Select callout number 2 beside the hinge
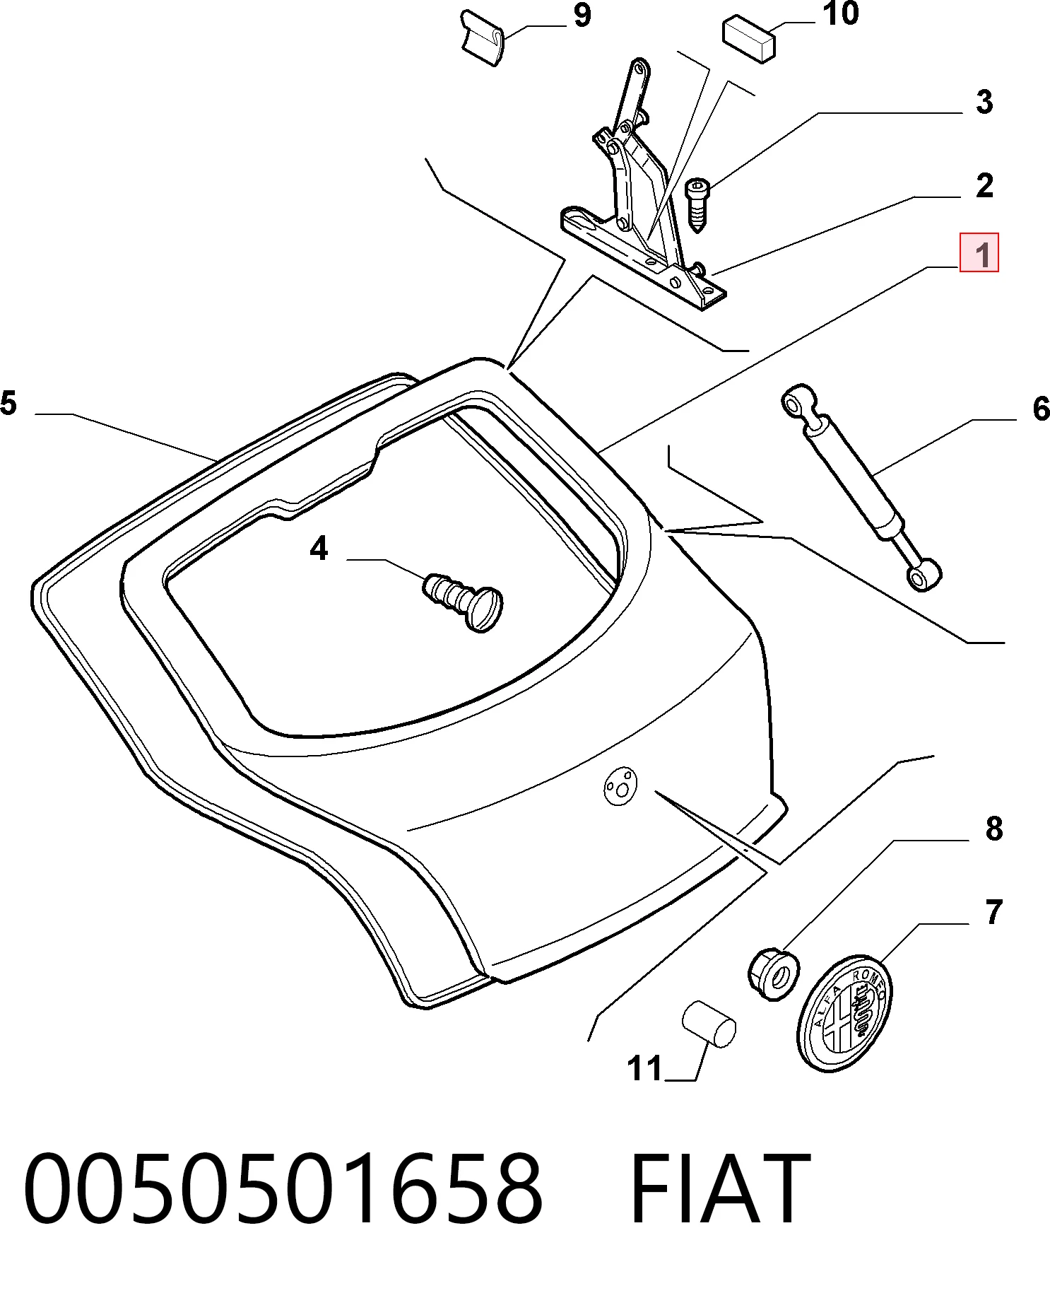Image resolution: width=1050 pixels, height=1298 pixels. click(x=984, y=185)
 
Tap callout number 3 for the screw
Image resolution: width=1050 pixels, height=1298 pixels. click(x=984, y=102)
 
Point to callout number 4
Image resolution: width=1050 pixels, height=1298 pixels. click(x=319, y=549)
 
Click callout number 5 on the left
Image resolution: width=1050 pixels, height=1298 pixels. click(x=8, y=403)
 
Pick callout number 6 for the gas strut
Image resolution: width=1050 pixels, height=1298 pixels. click(x=1041, y=409)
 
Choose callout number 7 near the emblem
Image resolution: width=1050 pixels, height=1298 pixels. click(x=993, y=912)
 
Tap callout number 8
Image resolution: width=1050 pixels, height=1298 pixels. click(x=993, y=829)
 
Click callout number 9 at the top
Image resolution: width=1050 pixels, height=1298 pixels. click(x=582, y=15)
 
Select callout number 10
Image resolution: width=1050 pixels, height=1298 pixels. click(x=841, y=13)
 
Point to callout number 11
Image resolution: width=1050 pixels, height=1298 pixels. click(x=644, y=1068)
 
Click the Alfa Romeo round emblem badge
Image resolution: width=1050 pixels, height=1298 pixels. click(x=844, y=1012)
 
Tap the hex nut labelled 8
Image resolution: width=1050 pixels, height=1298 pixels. click(x=774, y=974)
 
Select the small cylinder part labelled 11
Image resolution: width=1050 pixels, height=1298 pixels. click(x=709, y=1023)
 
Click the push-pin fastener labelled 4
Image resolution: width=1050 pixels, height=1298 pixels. click(x=464, y=600)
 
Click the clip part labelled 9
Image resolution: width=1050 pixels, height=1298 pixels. click(x=482, y=37)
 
